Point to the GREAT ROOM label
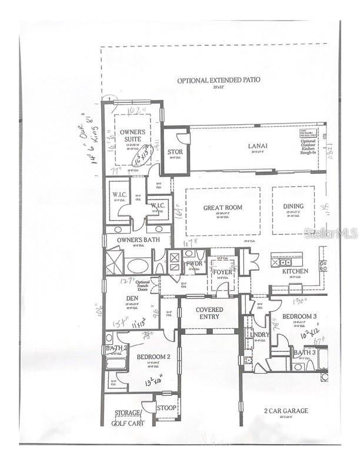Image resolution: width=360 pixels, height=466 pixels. (x=223, y=208)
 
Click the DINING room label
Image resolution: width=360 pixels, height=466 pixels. (x=292, y=208)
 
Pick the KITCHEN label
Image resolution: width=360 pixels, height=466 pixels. (x=295, y=271)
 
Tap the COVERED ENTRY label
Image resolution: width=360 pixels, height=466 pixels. (x=209, y=312)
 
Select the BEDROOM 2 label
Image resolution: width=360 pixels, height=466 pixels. (x=154, y=357)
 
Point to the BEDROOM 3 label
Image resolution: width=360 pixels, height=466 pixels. (x=299, y=317)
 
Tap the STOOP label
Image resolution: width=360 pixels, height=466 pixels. (x=166, y=407)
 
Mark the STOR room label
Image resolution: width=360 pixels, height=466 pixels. (x=175, y=152)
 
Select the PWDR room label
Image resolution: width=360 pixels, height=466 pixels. (x=194, y=264)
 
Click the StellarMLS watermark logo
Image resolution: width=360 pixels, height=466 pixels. (x=331, y=233)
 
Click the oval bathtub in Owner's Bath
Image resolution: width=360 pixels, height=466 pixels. (x=138, y=265)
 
